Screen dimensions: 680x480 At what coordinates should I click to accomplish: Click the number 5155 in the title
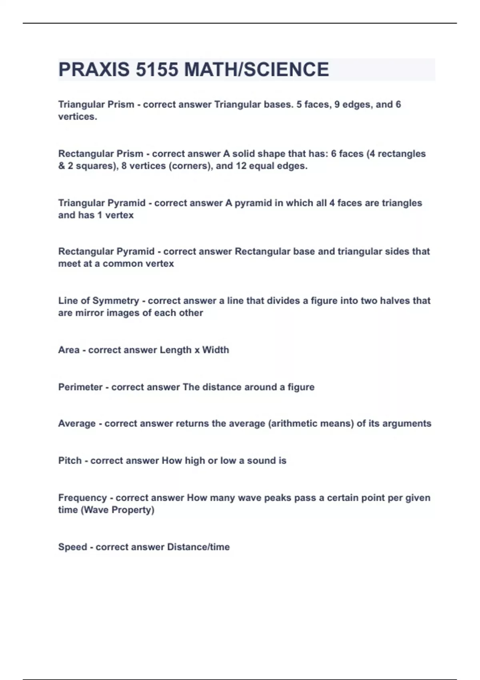[x=157, y=70]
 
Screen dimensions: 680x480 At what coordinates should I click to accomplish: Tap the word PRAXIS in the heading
[x=94, y=70]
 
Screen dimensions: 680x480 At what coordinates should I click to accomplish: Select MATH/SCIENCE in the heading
[x=256, y=70]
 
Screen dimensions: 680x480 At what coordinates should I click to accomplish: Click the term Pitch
[x=70, y=460]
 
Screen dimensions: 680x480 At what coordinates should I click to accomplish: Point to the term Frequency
[x=82, y=498]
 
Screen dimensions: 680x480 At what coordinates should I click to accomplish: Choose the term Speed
[x=72, y=547]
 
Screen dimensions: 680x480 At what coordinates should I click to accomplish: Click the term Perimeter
[x=80, y=387]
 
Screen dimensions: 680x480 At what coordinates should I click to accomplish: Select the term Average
[x=77, y=423]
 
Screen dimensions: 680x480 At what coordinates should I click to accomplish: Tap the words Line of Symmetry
[x=98, y=300]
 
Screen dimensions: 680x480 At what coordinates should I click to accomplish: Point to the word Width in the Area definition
[x=216, y=350]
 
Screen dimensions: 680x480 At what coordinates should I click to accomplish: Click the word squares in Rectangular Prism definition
[x=96, y=166]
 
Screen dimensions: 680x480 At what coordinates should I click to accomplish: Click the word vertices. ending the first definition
[x=78, y=117]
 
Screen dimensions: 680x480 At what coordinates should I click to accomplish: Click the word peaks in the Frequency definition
[x=277, y=498]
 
